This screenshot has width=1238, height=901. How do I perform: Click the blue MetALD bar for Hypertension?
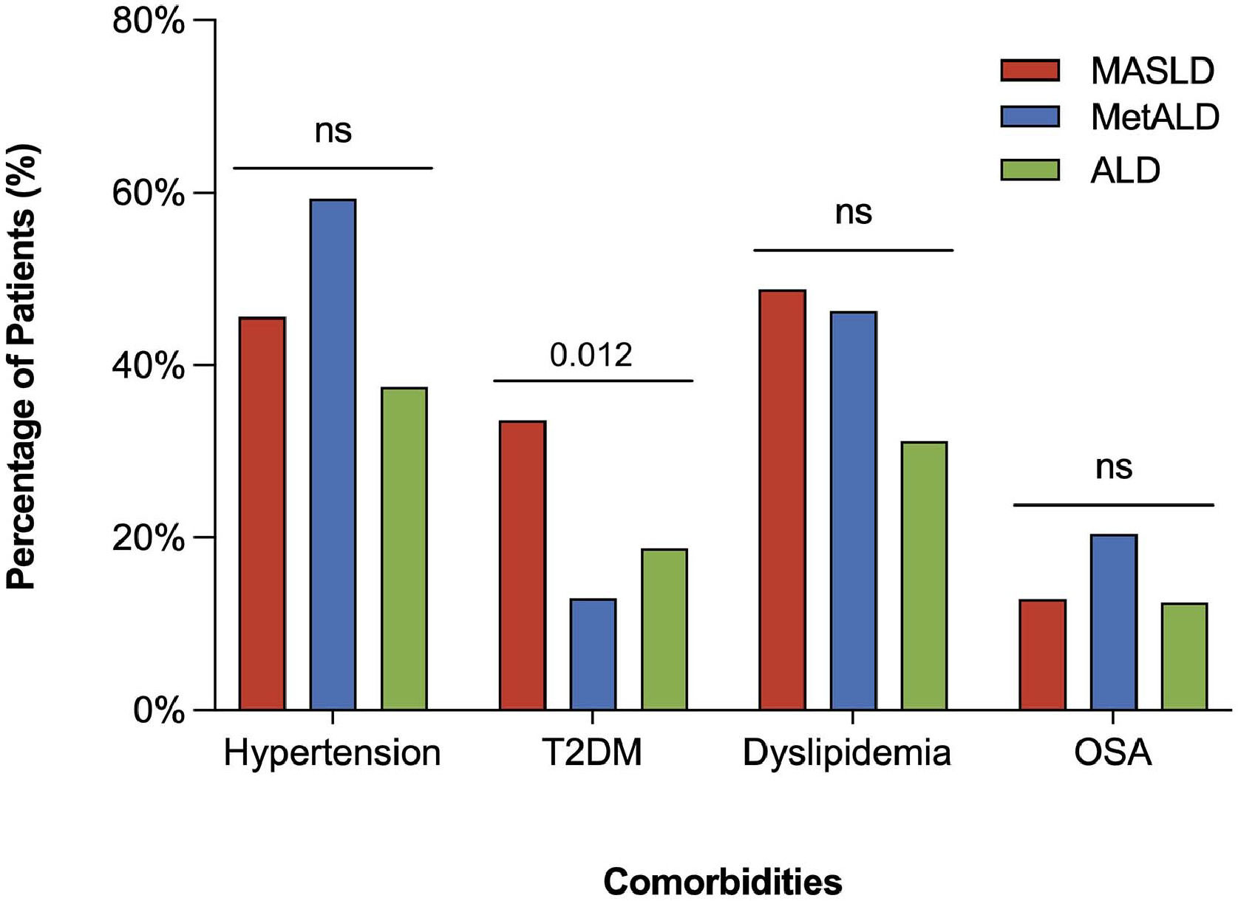point(333,455)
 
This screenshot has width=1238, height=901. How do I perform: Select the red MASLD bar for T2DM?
point(522,565)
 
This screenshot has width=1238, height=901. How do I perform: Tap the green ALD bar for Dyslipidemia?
point(924,576)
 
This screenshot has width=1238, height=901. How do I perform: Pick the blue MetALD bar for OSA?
point(1113,622)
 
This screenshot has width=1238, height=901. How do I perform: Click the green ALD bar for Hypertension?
point(404,548)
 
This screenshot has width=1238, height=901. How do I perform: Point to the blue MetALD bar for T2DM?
point(593,654)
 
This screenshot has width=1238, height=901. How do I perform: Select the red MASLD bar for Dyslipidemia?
point(782,500)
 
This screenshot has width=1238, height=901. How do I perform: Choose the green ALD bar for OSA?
point(1184,656)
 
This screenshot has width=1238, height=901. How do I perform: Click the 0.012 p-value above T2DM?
point(591,356)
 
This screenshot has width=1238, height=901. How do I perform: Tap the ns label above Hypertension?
point(333,132)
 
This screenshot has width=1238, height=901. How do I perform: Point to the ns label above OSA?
point(1113,467)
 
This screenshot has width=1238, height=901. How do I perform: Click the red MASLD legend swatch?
point(1030,70)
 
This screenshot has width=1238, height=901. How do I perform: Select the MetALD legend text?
point(1154,117)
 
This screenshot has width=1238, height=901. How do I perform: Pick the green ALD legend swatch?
point(1030,170)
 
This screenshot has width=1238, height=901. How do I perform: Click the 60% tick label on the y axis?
point(148,194)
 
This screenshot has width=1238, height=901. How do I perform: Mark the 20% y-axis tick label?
point(148,538)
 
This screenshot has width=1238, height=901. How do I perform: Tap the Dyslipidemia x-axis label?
point(846,753)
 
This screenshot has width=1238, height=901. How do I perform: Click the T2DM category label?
point(592,753)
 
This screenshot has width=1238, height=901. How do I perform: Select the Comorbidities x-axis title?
point(722,882)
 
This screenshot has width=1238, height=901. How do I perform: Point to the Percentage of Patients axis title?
point(21,367)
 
